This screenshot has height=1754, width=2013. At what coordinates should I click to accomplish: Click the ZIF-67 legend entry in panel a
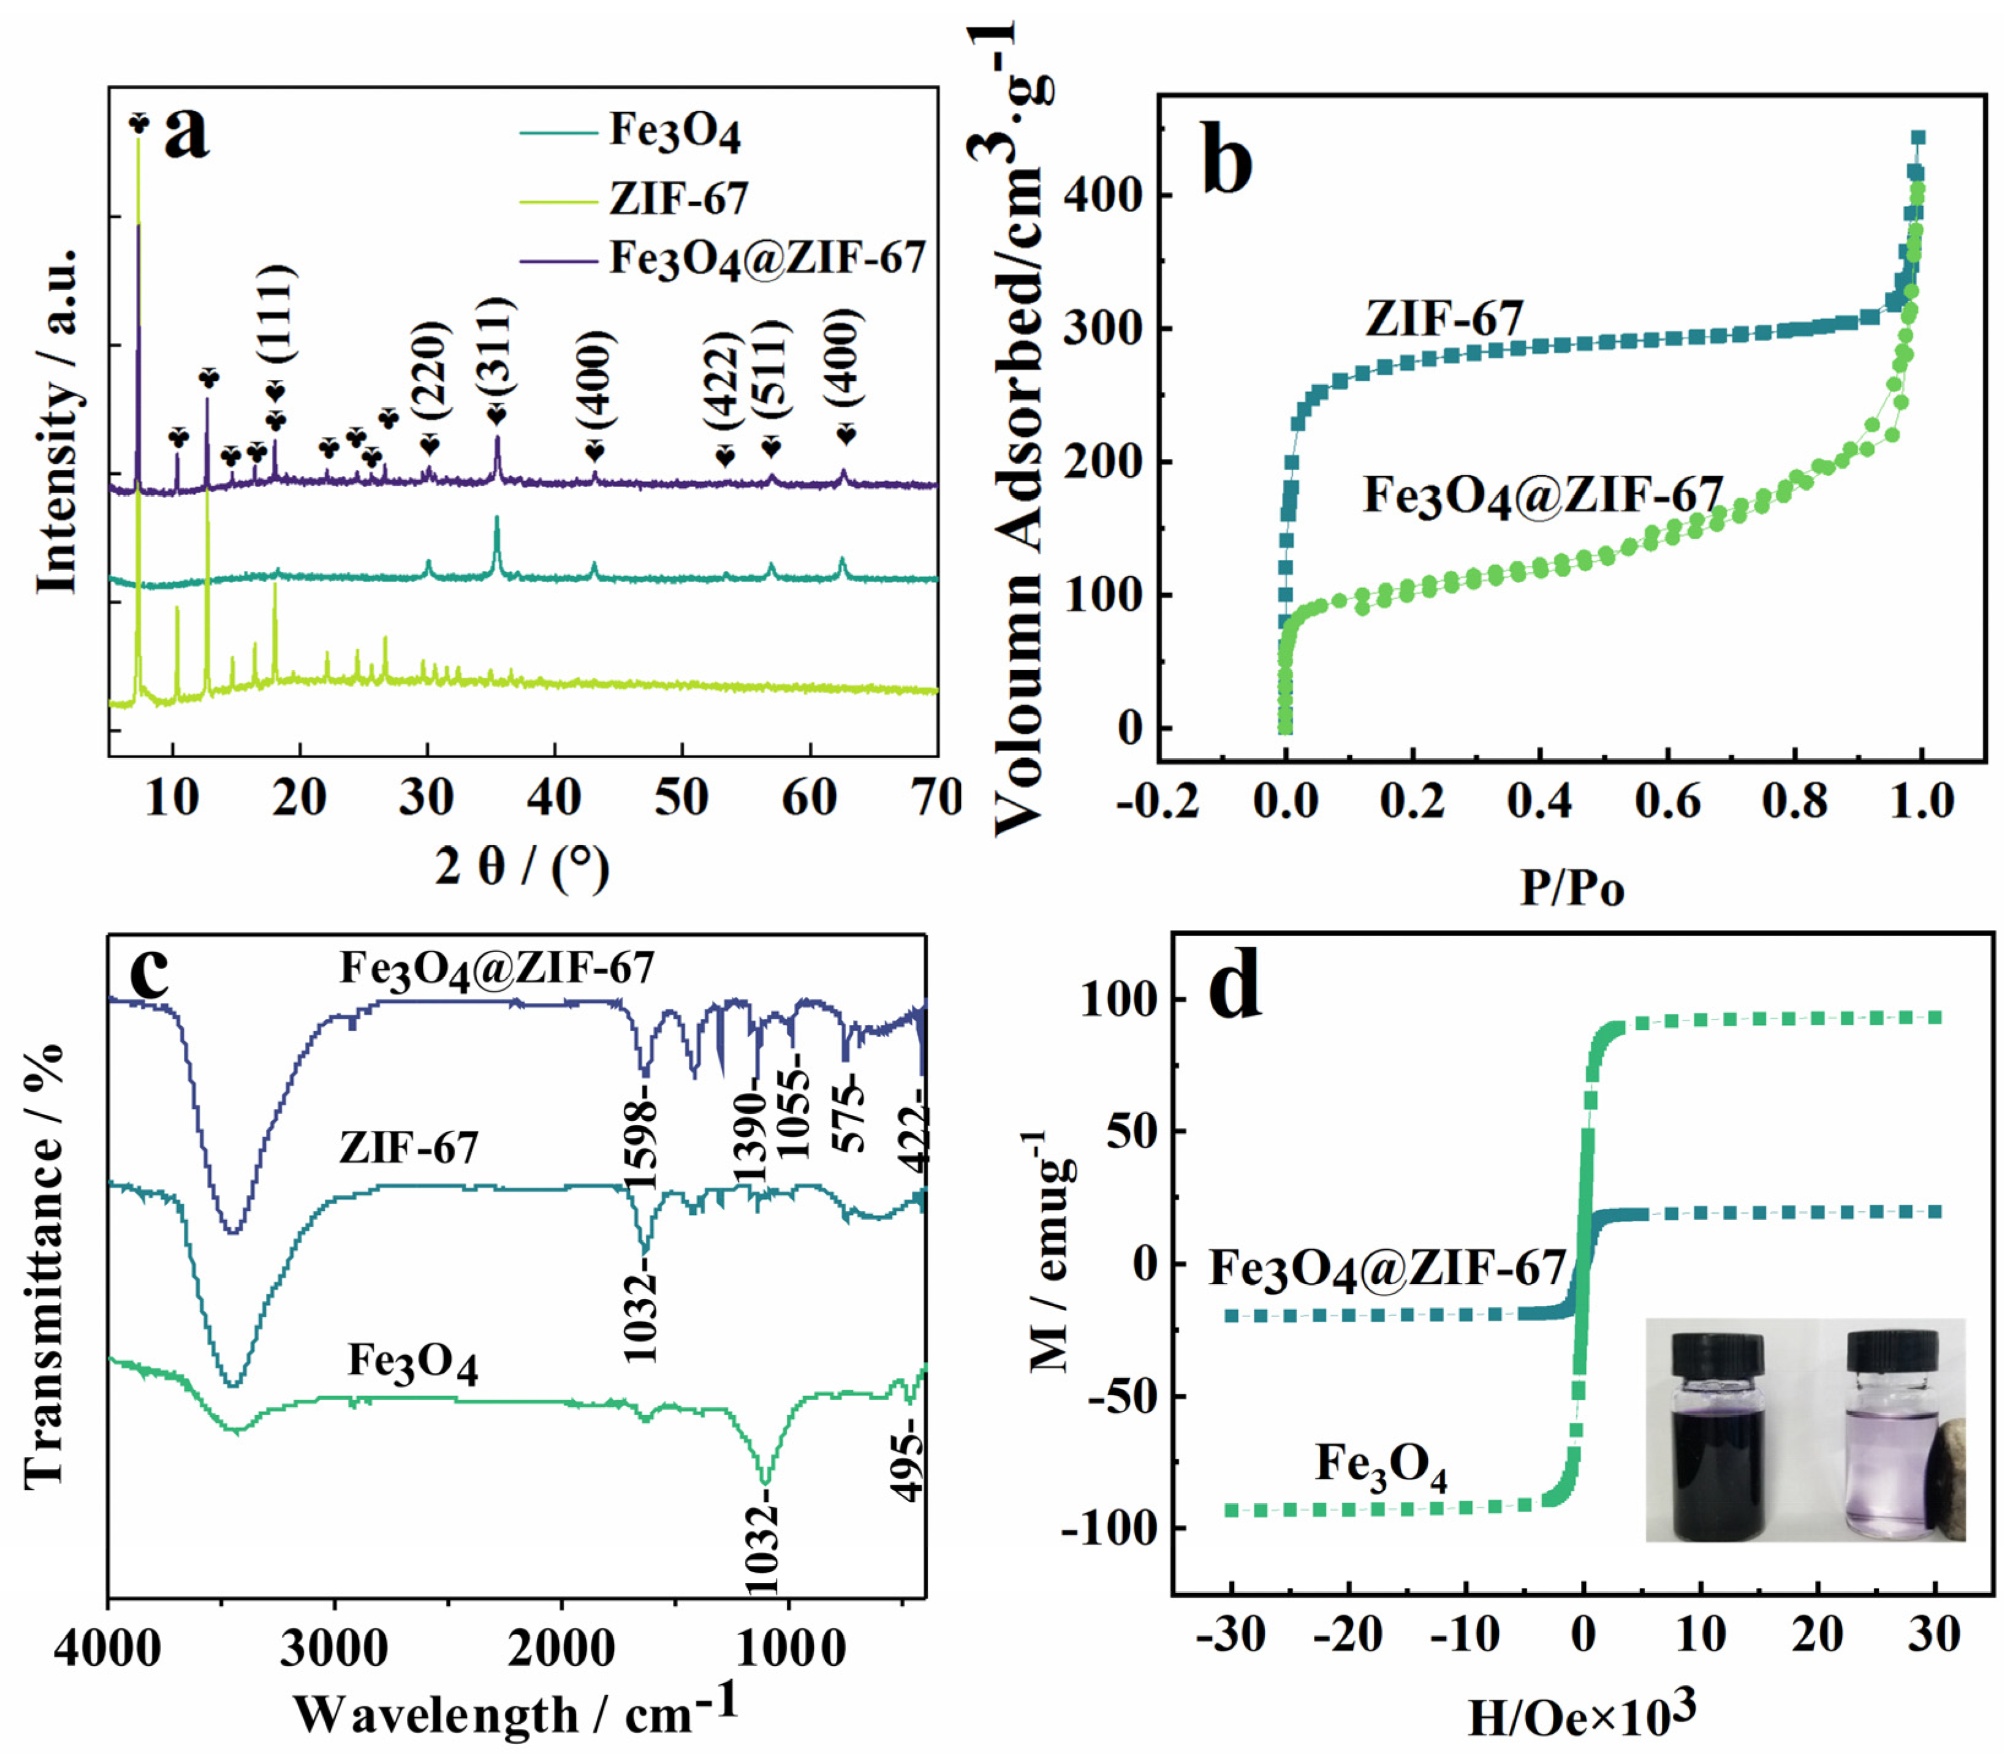[x=678, y=198]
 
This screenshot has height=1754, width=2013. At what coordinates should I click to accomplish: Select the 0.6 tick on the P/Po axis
[x=1667, y=801]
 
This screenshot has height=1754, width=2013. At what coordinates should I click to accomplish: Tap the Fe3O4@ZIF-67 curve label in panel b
[x=1542, y=495]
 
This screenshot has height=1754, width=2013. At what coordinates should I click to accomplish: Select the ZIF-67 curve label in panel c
[x=409, y=1147]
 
